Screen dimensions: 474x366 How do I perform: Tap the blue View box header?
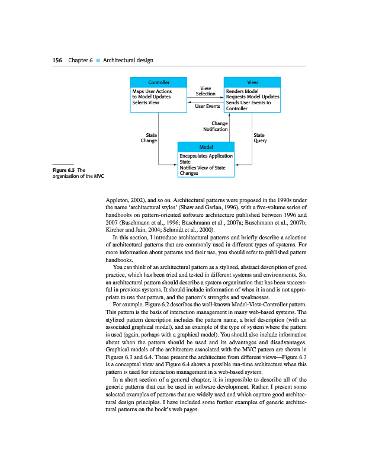tap(251, 82)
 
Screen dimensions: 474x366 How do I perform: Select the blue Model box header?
tap(206, 147)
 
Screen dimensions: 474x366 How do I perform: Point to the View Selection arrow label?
tap(206, 91)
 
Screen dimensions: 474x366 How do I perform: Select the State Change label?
tap(149, 138)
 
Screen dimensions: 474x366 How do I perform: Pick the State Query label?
tap(259, 138)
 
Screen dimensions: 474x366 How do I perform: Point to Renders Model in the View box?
tap(242, 92)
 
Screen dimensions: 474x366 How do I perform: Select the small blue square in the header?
tap(98, 60)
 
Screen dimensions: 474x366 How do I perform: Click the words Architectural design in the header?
tap(128, 60)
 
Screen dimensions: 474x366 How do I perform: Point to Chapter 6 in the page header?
tap(81, 60)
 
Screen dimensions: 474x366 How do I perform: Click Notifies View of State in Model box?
tap(203, 168)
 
